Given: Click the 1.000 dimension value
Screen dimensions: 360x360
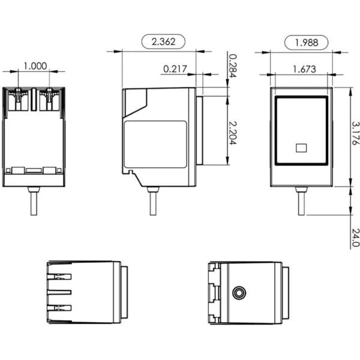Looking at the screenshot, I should pos(35,67).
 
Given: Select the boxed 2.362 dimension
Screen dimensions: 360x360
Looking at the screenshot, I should pos(164,41).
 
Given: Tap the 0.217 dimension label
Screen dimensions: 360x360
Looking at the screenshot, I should pos(175,69).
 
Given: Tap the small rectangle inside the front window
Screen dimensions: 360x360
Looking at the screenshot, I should pos(302,146).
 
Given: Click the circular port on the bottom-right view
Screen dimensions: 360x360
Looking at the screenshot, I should pos(239,293).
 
